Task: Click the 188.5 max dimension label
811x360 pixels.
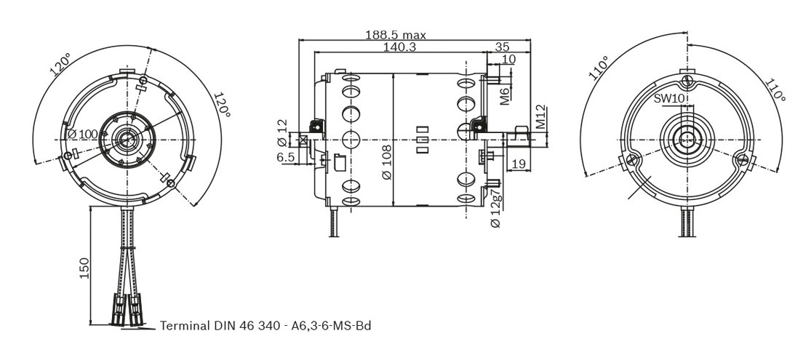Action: coord(395,34)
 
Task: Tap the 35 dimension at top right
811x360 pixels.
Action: coord(502,47)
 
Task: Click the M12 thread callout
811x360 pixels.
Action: coord(540,117)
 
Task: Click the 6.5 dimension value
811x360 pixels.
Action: coord(286,157)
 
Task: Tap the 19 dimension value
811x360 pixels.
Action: coord(519,164)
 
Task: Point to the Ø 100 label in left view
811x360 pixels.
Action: coord(82,134)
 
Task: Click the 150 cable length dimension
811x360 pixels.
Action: coord(84,268)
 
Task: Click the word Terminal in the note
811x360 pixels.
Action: coord(185,325)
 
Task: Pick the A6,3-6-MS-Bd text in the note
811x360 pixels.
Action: coord(332,325)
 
